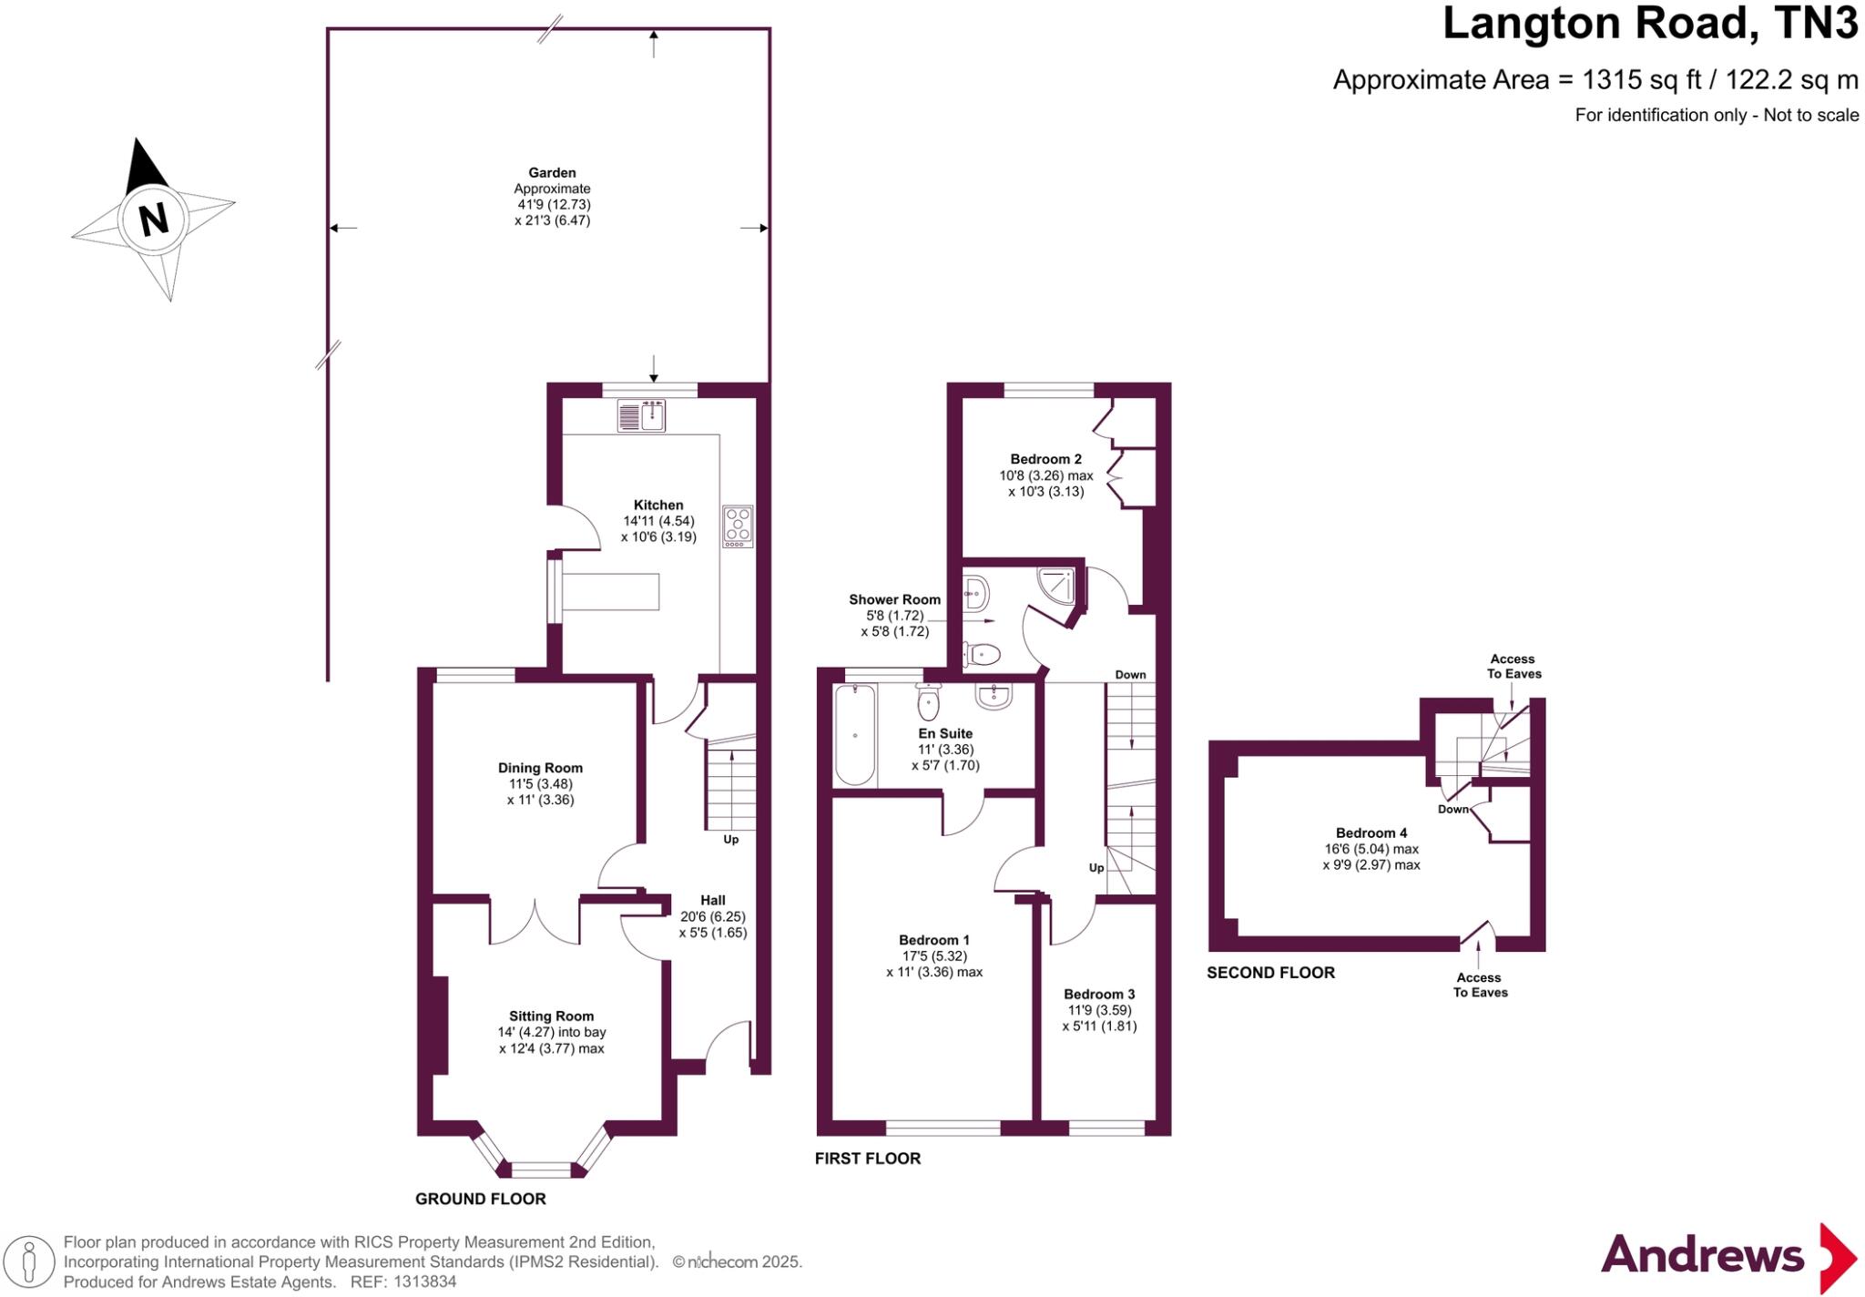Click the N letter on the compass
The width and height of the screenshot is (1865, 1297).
[x=153, y=220]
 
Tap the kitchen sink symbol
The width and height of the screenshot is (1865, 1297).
[x=641, y=416]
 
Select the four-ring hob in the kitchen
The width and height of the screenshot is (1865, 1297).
[x=738, y=526]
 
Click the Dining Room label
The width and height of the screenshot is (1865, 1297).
[x=540, y=768]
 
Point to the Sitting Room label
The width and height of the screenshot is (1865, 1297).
[x=551, y=1016]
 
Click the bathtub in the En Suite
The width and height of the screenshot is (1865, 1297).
[x=854, y=735]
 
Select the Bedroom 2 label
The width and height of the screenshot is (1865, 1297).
[x=1045, y=459]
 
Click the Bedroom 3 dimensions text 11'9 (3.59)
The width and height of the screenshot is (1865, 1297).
[x=1099, y=1010]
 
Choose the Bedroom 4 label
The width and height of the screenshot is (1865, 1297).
[x=1371, y=832]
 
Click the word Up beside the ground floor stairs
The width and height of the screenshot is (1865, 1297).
[x=730, y=840]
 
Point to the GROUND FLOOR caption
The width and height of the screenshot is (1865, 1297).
[x=480, y=1200]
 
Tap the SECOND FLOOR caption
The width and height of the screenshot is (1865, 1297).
[x=1270, y=973]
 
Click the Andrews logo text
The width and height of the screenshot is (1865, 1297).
[x=1701, y=1255]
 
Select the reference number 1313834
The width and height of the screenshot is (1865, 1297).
[x=424, y=1282]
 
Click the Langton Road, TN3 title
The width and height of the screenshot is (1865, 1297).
[x=1649, y=25]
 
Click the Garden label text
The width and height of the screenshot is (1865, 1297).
[x=552, y=172]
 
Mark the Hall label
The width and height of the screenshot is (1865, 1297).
[x=712, y=900]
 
